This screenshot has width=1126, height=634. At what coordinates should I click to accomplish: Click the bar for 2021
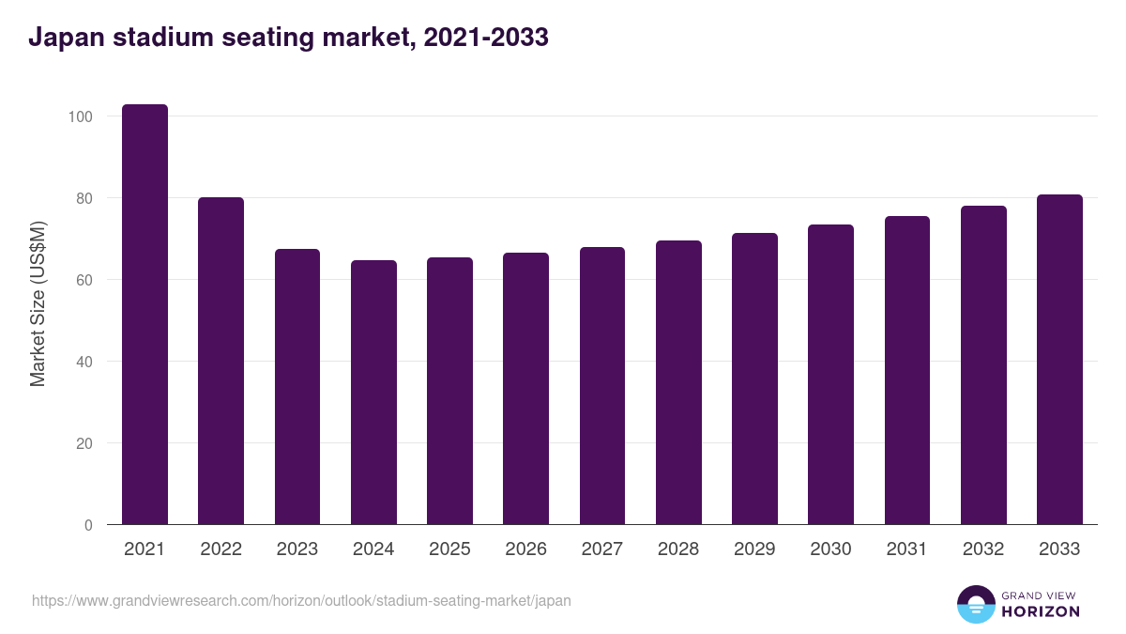click(145, 315)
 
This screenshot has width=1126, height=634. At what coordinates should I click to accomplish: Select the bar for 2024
click(373, 393)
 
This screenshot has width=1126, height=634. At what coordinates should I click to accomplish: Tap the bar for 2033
click(1059, 360)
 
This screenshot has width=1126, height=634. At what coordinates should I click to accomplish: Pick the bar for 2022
click(221, 361)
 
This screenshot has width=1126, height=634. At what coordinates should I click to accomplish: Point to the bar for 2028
click(678, 382)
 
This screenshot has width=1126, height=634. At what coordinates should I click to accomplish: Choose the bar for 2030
click(830, 375)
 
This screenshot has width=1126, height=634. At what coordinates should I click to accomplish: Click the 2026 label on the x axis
click(525, 549)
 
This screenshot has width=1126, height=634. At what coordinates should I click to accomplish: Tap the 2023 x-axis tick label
click(297, 549)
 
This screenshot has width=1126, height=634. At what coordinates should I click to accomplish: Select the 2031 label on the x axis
click(906, 549)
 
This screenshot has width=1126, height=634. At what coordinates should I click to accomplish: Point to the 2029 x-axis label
click(754, 549)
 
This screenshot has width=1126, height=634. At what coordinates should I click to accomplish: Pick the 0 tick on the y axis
click(88, 525)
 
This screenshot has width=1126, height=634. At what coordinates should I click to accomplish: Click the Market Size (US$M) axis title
click(38, 303)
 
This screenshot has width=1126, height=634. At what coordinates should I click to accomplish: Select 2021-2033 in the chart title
click(485, 38)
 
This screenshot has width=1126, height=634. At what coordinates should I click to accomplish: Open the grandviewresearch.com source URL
click(301, 600)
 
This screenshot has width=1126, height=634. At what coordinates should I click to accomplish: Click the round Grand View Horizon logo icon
click(975, 605)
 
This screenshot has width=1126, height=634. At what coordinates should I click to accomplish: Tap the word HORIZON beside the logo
click(1040, 611)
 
